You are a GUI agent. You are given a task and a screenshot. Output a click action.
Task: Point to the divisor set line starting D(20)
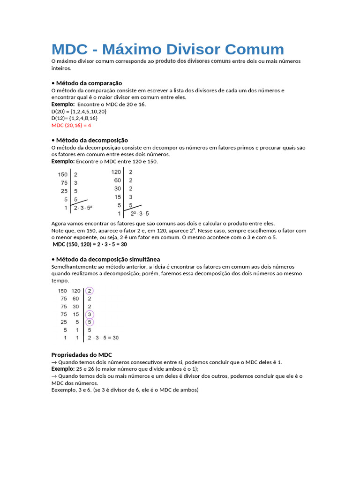79,112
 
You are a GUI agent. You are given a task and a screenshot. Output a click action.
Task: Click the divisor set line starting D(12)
75,119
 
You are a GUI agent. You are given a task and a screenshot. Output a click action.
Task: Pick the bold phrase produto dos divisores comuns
193,61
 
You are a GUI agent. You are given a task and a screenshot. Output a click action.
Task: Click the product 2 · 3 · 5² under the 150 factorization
83,207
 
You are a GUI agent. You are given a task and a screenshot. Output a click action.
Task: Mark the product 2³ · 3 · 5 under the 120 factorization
140,213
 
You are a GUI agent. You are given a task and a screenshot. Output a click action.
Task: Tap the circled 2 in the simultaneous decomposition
90,291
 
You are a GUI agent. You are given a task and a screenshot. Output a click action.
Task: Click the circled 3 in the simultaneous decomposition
90,314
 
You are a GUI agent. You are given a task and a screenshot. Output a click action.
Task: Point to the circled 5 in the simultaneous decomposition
90,322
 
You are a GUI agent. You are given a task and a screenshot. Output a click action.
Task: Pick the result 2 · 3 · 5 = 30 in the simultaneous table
103,337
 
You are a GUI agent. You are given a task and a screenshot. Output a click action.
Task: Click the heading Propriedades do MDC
81,354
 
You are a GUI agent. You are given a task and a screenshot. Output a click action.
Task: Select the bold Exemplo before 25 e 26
63,369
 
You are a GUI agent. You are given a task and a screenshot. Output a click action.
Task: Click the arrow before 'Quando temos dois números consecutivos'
54,362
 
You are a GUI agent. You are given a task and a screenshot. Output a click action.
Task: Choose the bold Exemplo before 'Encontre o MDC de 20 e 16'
63,104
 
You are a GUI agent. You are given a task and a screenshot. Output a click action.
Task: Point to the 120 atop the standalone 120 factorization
116,172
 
